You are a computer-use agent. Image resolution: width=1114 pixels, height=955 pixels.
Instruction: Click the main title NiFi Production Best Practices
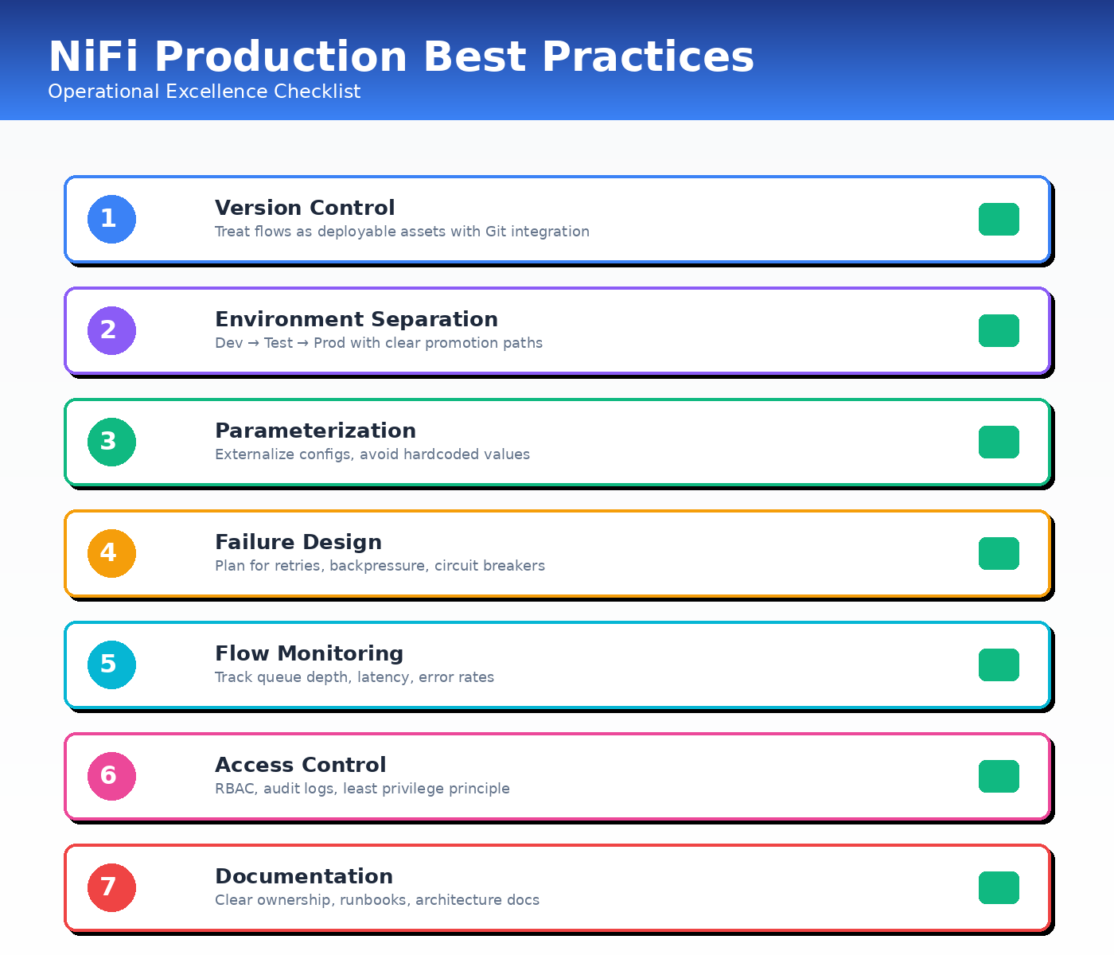tap(401, 57)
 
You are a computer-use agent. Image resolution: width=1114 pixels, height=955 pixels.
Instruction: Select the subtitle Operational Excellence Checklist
tap(204, 92)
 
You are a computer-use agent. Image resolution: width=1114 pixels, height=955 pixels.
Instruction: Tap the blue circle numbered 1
tap(111, 219)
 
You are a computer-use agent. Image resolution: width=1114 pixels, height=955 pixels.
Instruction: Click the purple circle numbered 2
tap(111, 330)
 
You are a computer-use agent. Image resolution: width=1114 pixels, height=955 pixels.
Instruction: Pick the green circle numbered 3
tap(111, 442)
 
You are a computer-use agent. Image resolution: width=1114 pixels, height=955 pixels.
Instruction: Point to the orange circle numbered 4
tap(111, 553)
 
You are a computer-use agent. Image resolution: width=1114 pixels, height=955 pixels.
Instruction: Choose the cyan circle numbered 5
tap(111, 665)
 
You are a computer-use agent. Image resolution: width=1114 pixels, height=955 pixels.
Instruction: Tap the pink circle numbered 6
tap(111, 776)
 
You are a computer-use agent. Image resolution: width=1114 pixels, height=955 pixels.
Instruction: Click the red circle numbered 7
tap(111, 887)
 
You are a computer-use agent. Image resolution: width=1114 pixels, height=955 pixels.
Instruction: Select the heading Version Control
tap(305, 208)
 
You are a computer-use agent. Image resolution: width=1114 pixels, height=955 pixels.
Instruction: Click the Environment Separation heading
tap(356, 319)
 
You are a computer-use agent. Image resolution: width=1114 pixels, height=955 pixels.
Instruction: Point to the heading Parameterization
tap(315, 431)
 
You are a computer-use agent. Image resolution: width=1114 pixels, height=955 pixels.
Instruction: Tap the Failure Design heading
tap(298, 542)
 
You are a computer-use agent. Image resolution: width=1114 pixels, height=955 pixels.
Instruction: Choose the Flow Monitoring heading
tap(309, 653)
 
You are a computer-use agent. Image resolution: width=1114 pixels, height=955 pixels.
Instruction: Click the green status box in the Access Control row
tap(999, 776)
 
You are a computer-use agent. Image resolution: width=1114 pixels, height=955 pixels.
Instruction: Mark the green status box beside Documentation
tap(999, 887)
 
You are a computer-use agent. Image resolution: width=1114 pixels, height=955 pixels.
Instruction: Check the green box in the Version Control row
tap(999, 219)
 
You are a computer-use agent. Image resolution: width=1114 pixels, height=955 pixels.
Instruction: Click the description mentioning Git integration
tap(402, 232)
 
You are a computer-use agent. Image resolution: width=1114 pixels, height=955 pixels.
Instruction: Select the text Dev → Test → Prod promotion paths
tap(379, 343)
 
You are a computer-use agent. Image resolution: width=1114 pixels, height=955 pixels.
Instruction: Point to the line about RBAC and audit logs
tap(362, 789)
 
